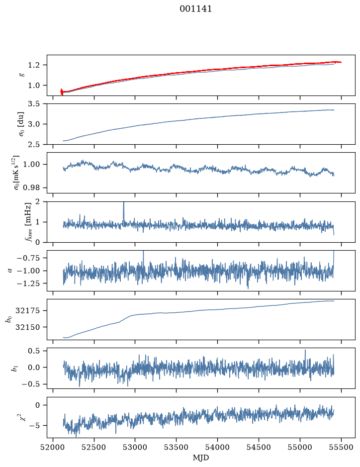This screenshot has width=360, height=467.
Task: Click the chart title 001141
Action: point(195,9)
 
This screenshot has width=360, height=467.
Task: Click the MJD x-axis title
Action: point(201,458)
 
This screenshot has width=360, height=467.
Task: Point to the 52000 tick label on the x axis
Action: point(53,447)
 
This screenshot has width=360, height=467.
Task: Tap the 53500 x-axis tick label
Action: point(176,447)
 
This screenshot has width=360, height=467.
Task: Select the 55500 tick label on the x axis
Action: point(341,447)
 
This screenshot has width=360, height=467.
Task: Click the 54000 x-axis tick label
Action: point(217,447)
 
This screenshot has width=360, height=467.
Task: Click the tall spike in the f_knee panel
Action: point(124,211)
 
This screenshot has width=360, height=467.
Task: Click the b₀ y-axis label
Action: point(9,319)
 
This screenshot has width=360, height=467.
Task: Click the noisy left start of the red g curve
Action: point(62,92)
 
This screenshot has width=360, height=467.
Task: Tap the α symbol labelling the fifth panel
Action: point(10,271)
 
